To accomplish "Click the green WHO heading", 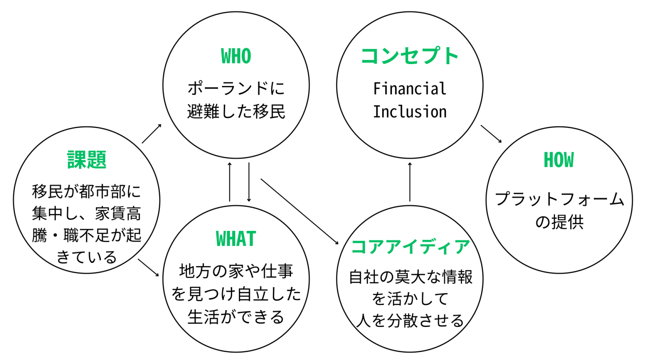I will tap(236, 56).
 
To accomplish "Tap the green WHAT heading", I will tap(236, 239).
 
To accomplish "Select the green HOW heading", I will tap(559, 160).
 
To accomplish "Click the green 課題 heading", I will tap(87, 160).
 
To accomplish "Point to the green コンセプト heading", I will tap(410, 56).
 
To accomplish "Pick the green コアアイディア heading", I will tap(410, 247).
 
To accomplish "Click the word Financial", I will tap(410, 89).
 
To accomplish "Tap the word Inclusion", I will tap(410, 112).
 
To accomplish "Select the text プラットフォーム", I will tap(559, 199).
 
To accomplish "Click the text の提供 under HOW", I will tap(559, 222).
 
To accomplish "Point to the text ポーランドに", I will tap(236, 88).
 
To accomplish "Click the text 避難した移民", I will tap(236, 112).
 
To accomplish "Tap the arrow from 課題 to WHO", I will tap(152, 134).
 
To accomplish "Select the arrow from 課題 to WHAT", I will tap(148, 268).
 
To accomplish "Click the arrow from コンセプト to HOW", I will tap(491, 134).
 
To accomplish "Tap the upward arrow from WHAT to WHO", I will tap(230, 182).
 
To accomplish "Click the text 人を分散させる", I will tap(410, 321).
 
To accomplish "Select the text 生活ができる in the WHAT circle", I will tap(236, 317).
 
